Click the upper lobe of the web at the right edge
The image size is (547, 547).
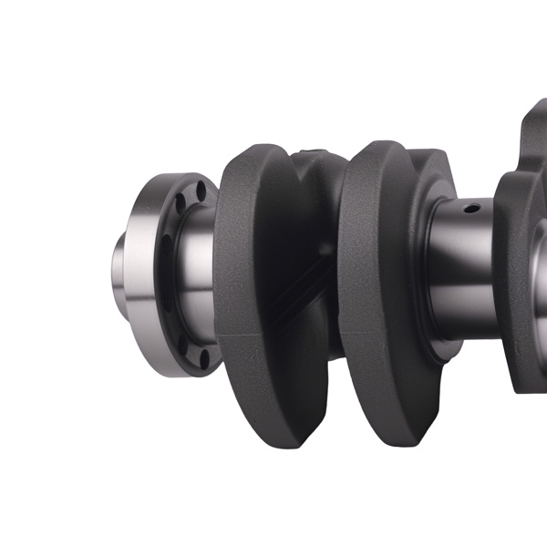pos(533,137)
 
